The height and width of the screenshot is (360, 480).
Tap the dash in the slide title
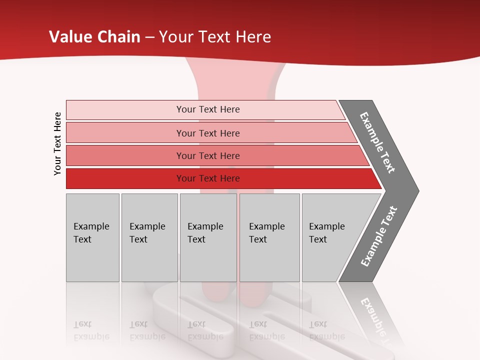click(x=149, y=37)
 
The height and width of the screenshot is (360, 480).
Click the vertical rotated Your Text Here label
click(x=57, y=144)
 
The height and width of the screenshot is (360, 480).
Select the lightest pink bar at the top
click(x=208, y=109)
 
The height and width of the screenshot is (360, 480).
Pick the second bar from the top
click(x=208, y=133)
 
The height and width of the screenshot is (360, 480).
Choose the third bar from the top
click(x=208, y=155)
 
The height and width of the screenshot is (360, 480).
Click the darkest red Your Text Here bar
click(x=208, y=178)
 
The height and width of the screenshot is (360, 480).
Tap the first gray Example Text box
click(x=92, y=237)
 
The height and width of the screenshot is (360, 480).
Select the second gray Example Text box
click(x=149, y=237)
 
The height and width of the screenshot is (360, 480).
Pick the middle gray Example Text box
click(x=207, y=237)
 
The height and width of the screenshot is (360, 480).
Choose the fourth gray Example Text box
click(x=269, y=237)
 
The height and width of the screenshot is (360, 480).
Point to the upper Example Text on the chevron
click(x=377, y=142)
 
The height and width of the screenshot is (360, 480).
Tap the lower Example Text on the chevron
click(x=379, y=236)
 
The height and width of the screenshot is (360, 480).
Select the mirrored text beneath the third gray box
click(x=205, y=330)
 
